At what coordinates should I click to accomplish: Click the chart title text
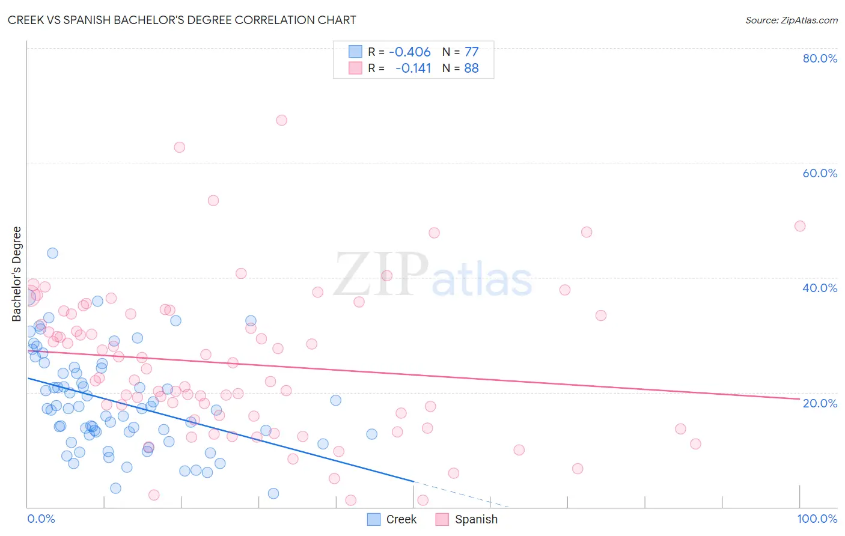point(182,20)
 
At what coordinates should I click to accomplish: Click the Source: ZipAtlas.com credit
point(791,20)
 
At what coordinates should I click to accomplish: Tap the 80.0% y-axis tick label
point(820,58)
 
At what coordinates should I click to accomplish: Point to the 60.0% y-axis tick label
point(820,173)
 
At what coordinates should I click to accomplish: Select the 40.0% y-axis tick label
point(820,288)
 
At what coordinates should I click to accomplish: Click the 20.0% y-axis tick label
point(820,403)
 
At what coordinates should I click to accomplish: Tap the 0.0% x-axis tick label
point(41,519)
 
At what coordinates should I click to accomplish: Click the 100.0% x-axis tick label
point(817,519)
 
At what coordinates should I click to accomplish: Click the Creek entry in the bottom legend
point(401,519)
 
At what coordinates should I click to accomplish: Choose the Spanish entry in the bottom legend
point(476,519)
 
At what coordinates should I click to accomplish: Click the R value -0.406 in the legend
point(410,52)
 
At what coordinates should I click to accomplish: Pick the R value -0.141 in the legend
point(413,69)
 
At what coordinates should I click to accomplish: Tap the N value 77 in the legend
point(471,52)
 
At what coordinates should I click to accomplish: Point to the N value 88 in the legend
point(471,69)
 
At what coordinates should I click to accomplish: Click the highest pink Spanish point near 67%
point(281,120)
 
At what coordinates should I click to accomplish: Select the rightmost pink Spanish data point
point(799,226)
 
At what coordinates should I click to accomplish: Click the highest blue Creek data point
point(52,253)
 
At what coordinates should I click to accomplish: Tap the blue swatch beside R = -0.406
point(355,52)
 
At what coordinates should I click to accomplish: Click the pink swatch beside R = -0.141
point(355,68)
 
